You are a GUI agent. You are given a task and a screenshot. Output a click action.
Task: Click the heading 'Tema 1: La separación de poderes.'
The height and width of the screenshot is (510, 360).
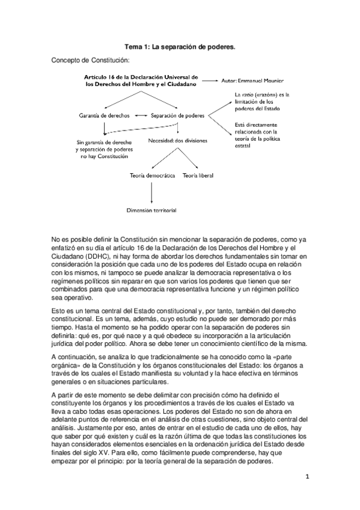click(180, 46)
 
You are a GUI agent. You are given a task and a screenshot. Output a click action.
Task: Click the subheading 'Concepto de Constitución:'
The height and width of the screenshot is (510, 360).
click(90, 61)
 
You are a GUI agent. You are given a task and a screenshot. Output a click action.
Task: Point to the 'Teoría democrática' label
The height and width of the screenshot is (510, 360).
click(152, 176)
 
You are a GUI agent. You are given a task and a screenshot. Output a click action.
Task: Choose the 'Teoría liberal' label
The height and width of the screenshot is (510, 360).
click(198, 176)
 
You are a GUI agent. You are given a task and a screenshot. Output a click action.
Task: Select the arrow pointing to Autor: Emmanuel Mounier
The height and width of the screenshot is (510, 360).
click(210, 80)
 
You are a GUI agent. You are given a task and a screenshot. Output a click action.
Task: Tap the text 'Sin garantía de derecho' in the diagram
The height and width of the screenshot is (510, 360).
click(100, 143)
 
